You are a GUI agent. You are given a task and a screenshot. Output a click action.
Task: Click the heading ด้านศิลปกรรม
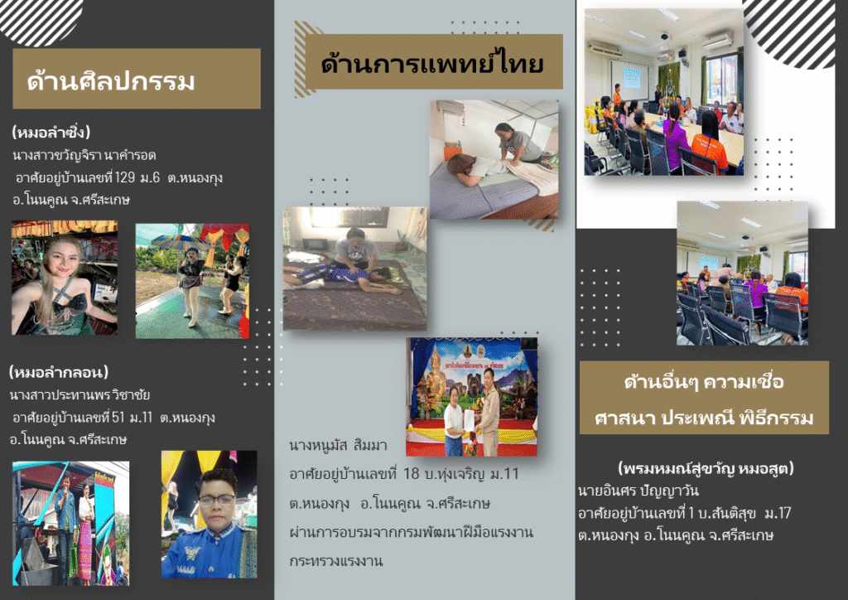point(111,81)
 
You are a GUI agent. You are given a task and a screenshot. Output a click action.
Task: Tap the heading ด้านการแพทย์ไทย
point(432,62)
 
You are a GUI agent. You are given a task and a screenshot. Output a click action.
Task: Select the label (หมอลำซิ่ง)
point(51,132)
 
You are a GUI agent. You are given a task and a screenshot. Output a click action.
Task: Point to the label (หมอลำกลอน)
point(59,372)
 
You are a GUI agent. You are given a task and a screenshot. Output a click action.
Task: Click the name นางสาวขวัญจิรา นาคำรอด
point(84,156)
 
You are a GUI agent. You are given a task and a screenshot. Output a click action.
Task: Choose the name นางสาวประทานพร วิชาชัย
point(79,395)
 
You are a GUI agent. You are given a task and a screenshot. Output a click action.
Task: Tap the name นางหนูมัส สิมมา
point(338,445)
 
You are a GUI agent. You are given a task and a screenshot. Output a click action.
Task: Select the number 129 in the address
point(125,177)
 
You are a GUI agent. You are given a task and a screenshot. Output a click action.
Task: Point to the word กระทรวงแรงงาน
point(336,561)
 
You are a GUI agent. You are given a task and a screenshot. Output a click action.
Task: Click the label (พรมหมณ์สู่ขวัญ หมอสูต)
point(706,468)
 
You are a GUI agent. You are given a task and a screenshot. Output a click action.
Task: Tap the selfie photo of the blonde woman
point(65,278)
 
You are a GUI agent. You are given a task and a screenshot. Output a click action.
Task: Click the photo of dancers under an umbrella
point(192,281)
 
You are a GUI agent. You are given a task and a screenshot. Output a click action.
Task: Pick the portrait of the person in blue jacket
point(210,514)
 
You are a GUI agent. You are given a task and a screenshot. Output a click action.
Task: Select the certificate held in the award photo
point(470,420)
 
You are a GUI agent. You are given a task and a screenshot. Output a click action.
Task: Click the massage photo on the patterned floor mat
point(354,269)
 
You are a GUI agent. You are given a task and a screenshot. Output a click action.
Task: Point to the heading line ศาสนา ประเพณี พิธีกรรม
point(704,418)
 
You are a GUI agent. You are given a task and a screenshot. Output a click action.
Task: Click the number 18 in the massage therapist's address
point(411,474)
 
